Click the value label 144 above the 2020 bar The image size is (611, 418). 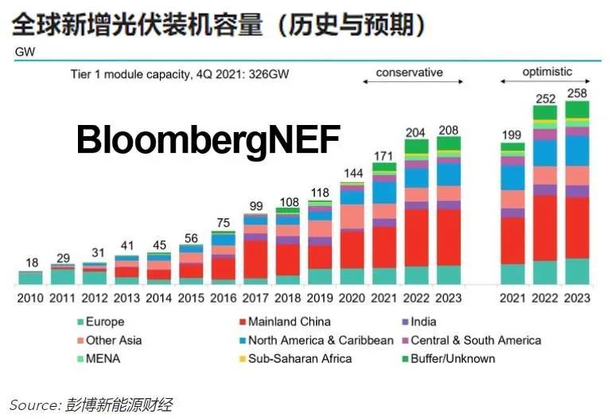(352, 174)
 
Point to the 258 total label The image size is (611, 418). (577, 93)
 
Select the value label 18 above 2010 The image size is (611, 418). (30, 262)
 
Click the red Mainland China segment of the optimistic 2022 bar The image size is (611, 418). (544, 227)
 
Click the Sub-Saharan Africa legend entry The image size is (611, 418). (299, 358)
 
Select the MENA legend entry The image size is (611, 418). (101, 358)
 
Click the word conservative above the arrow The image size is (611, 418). (409, 72)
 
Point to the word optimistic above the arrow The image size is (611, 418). (547, 72)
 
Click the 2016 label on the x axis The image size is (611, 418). (224, 299)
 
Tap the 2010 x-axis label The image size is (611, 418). (30, 299)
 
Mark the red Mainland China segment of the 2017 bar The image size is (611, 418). (255, 259)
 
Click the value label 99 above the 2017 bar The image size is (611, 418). (255, 206)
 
